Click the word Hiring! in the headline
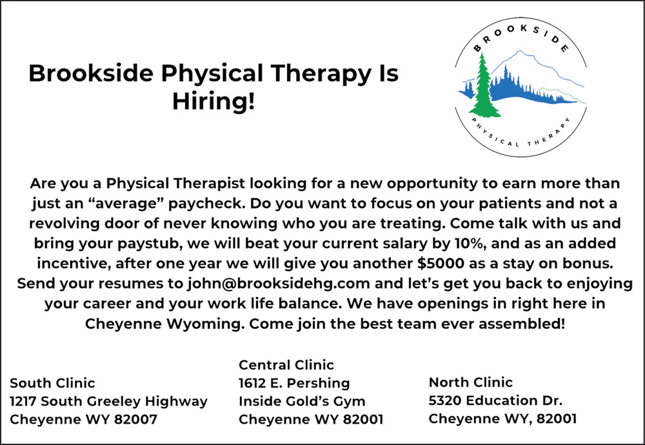pos(213,101)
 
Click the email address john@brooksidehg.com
pos(279,284)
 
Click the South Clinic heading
pos(52,383)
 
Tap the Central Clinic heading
pos(286,365)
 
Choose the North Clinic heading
pos(471,382)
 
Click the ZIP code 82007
pos(135,419)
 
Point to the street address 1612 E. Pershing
pos(294,383)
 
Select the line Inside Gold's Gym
pos(302,401)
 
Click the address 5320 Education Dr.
pos(495,400)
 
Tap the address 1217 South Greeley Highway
pos(108,401)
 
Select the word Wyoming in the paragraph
pos(203,324)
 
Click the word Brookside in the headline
pos(91,74)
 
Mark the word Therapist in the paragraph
pos(209,183)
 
